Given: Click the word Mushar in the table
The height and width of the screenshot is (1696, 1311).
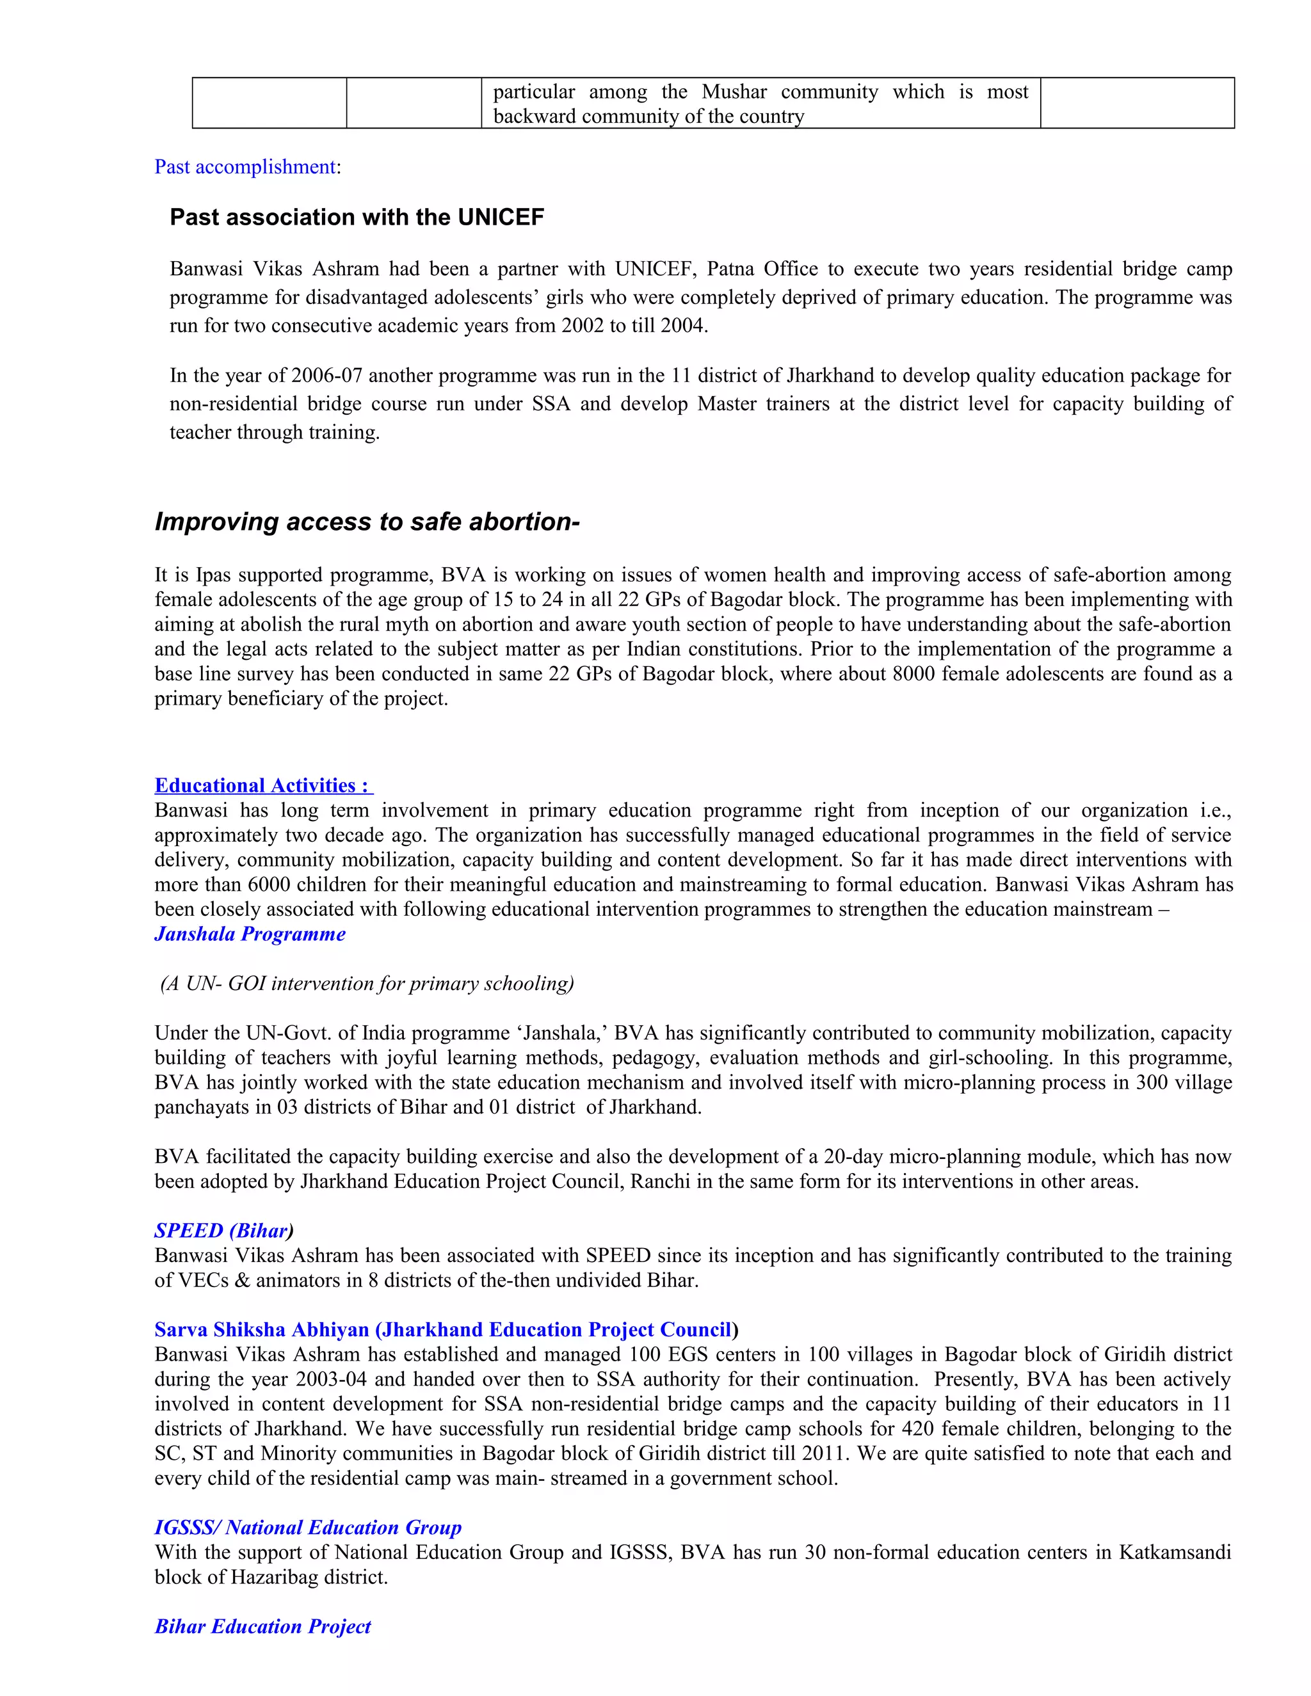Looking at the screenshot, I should tap(734, 92).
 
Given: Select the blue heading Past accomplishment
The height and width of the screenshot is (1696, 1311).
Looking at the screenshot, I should tap(245, 167).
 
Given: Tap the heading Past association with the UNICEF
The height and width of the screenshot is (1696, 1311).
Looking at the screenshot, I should tap(357, 218).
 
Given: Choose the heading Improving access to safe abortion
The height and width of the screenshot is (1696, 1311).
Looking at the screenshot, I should tap(367, 522).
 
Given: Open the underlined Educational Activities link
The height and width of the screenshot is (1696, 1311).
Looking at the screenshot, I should tap(263, 786).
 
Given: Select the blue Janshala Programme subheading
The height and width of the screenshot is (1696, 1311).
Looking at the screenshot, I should tap(250, 934).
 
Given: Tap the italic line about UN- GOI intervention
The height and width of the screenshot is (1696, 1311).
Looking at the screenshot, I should tap(367, 984).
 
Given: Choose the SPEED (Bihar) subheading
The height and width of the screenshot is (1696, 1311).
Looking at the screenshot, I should tap(223, 1231).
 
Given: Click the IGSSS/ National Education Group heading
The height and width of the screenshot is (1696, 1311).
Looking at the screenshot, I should tap(307, 1528).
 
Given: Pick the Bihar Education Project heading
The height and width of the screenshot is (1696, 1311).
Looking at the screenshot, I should tap(262, 1627).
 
